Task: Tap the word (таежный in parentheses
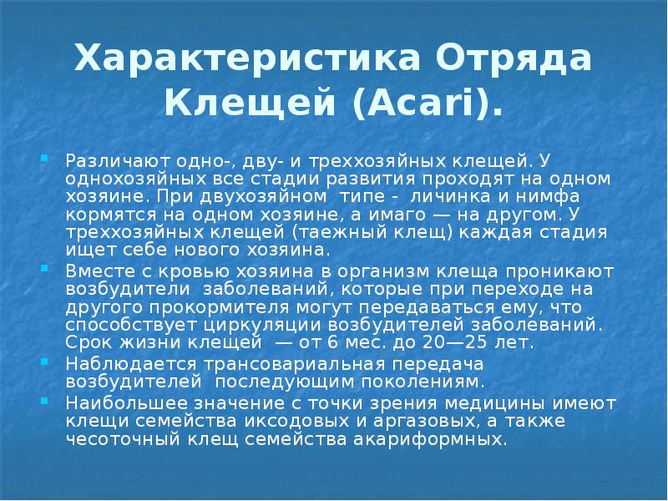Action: [x=312, y=231]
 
